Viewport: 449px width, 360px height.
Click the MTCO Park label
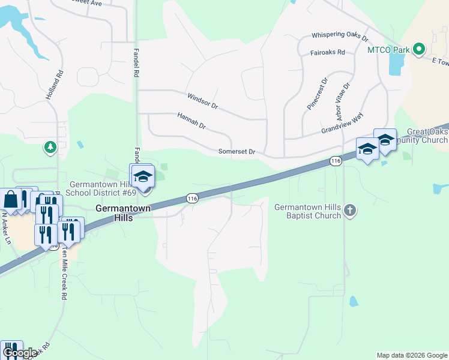(x=388, y=49)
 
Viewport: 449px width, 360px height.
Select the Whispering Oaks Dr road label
(x=339, y=37)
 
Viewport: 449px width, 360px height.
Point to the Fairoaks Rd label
(x=327, y=52)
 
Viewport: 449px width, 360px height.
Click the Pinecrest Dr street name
(x=317, y=92)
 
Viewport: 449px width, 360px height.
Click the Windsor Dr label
(x=202, y=100)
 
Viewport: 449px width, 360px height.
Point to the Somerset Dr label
(x=237, y=152)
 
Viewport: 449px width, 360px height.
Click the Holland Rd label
(x=54, y=86)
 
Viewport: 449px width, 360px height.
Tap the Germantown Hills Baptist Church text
(x=308, y=211)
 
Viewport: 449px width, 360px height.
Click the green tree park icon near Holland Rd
(x=50, y=146)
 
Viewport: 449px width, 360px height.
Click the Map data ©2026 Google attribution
(x=412, y=355)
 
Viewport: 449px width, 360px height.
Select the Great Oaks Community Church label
(x=426, y=136)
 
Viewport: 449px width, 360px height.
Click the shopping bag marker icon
(x=10, y=199)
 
